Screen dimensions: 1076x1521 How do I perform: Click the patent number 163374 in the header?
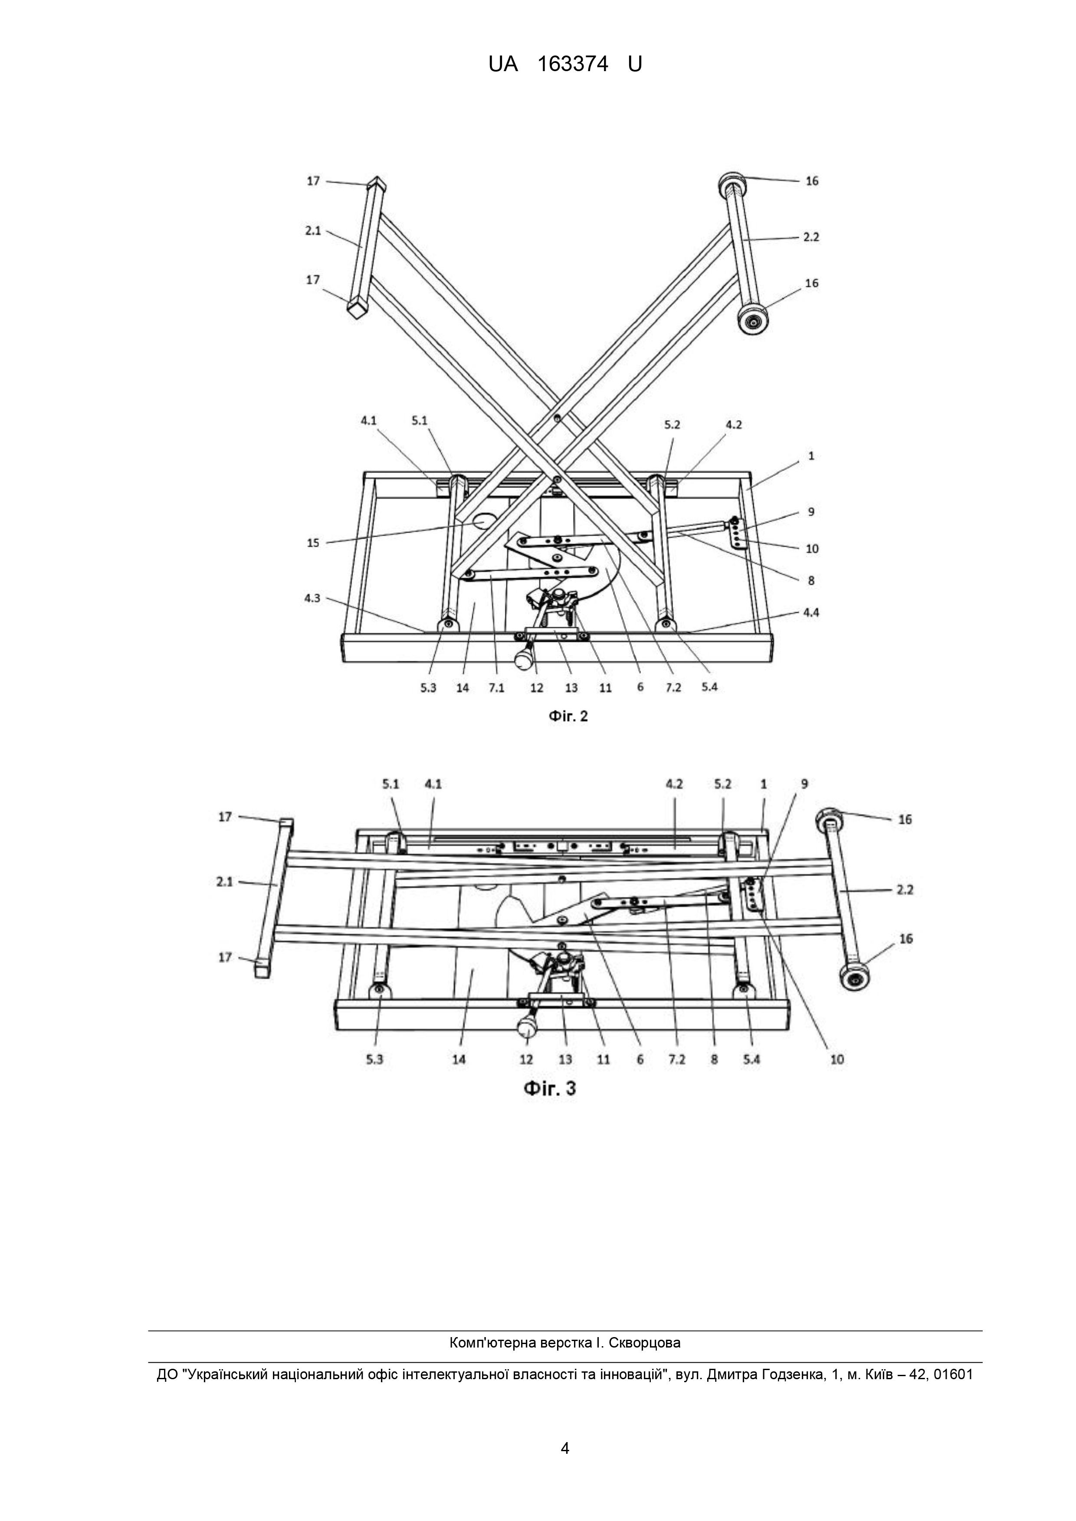click(x=573, y=64)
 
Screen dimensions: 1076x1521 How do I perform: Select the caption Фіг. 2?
click(x=568, y=716)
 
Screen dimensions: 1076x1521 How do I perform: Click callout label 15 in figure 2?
click(x=313, y=543)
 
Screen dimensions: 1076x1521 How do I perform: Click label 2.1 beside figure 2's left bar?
click(x=313, y=231)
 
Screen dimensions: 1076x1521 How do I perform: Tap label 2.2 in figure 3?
click(x=905, y=889)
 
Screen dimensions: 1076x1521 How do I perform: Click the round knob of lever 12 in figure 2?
click(x=524, y=659)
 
